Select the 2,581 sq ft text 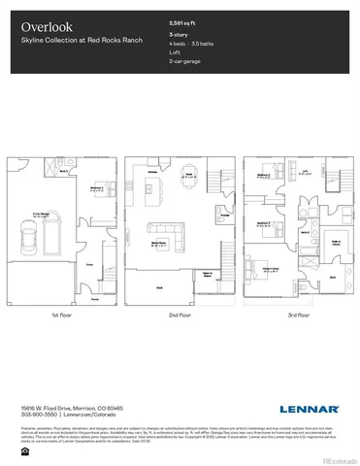(182, 20)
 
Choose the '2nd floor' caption (179, 316)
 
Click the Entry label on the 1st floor (89, 263)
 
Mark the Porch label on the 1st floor (94, 299)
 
